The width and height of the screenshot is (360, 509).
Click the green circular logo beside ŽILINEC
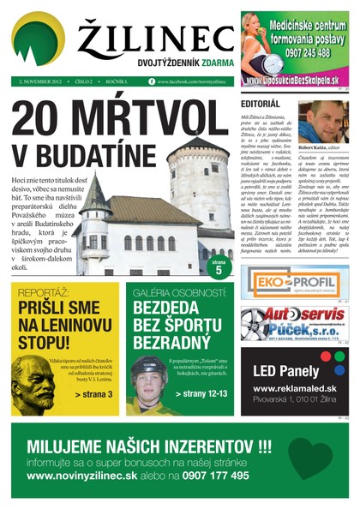[x=38, y=39]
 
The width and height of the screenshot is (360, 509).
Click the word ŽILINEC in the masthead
[x=155, y=39]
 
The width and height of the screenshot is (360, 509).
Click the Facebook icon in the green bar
[x=152, y=81]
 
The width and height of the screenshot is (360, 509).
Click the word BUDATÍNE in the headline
[x=87, y=155]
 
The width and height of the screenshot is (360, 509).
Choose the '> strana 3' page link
[x=93, y=394]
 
